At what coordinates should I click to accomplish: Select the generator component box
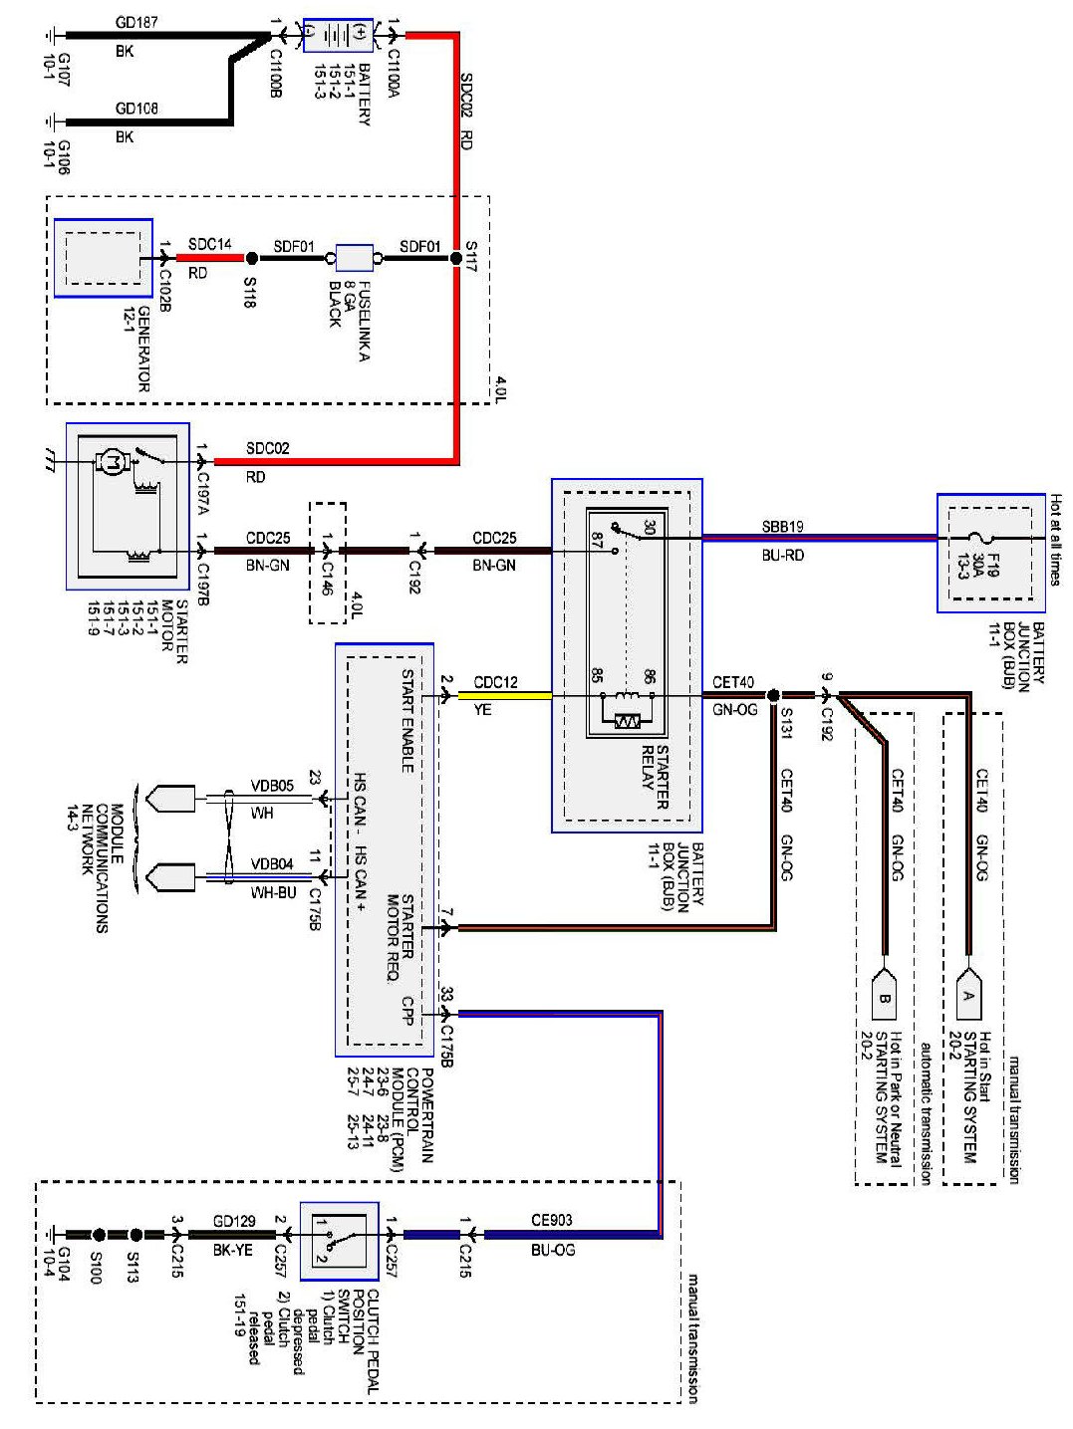pos(103,258)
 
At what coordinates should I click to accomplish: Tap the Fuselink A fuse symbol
pos(354,259)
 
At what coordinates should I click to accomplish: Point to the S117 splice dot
pos(456,259)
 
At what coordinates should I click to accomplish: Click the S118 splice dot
pos(251,259)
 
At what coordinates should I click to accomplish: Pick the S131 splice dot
pos(773,695)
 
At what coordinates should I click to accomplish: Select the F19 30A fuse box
pos(990,553)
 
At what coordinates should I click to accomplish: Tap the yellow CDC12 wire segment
pos(504,695)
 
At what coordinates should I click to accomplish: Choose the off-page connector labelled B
pos(884,996)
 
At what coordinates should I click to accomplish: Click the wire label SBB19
pos(782,526)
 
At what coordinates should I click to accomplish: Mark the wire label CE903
pos(551,1220)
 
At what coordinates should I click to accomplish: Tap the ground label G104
pos(63,1264)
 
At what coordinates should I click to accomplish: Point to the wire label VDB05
pos(272,786)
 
